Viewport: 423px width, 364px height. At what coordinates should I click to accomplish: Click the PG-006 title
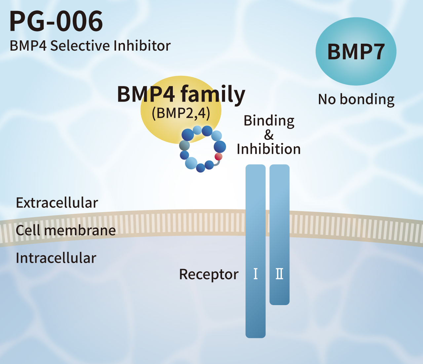56,22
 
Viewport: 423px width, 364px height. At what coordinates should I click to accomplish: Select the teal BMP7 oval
356,52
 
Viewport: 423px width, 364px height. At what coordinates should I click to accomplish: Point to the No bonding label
356,99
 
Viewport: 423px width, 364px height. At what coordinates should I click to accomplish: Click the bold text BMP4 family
181,94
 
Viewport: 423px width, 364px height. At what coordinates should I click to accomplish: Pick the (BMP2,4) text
181,113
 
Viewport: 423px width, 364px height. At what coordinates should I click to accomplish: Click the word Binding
269,121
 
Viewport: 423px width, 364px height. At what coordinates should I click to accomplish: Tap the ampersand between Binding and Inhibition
269,135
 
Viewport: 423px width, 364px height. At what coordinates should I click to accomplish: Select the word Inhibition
269,149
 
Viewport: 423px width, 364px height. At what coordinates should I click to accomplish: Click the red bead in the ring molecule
218,157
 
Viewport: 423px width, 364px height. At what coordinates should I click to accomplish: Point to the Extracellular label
57,203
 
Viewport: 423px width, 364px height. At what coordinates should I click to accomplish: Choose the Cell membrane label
66,230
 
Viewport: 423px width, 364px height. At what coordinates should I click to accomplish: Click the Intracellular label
56,258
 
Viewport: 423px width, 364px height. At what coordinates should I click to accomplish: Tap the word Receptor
209,274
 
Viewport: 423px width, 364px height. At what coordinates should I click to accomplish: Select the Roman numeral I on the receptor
255,274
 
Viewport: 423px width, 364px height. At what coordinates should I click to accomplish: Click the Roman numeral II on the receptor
280,274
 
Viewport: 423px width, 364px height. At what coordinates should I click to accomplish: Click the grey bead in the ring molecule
184,145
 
